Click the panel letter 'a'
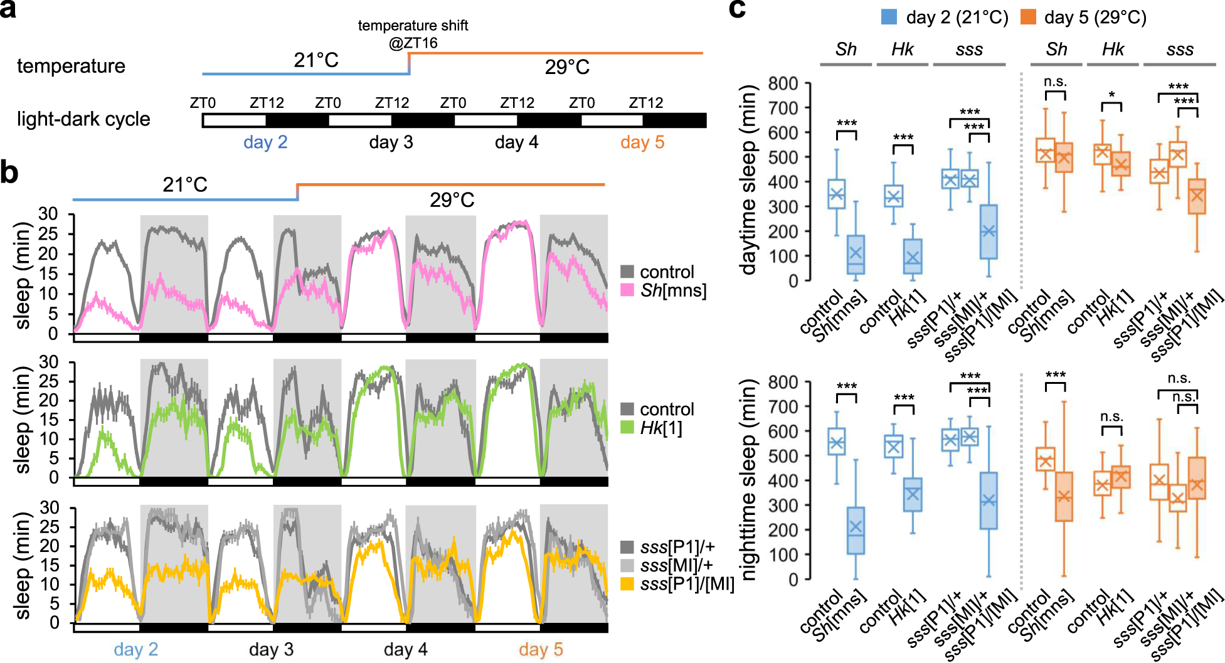[8, 11]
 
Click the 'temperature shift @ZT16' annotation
[413, 34]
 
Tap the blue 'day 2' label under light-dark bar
[265, 142]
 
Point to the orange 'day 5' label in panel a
[642, 142]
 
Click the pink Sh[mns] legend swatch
[627, 290]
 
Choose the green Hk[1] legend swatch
[627, 428]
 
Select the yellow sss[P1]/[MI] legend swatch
[627, 584]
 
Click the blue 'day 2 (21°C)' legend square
[889, 17]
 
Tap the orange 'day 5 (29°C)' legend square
[1028, 17]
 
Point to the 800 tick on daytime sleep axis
[783, 83]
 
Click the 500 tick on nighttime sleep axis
[783, 456]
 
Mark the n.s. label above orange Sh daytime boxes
[1055, 82]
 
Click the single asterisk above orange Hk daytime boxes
[1111, 95]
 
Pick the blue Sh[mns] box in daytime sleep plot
[856, 254]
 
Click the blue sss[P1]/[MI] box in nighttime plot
[989, 500]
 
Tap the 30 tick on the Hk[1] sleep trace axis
[48, 362]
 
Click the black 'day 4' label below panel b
[405, 649]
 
